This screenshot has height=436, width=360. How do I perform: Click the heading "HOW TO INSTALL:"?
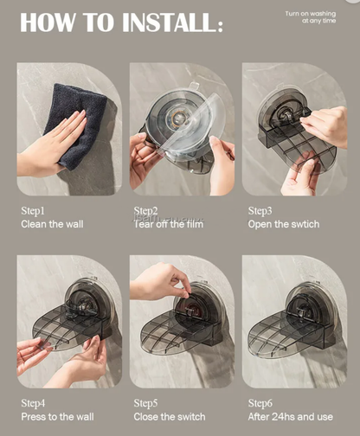pyautogui.click(x=121, y=23)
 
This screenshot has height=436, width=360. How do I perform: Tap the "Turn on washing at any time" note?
pyautogui.click(x=312, y=17)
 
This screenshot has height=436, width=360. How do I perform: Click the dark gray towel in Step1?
pyautogui.click(x=82, y=125)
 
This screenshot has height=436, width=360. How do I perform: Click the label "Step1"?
pyautogui.click(x=33, y=210)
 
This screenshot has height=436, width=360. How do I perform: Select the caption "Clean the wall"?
pyautogui.click(x=54, y=224)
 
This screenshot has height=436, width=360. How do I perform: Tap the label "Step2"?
pyautogui.click(x=145, y=210)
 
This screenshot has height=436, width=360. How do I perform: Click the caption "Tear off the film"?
pyautogui.click(x=169, y=224)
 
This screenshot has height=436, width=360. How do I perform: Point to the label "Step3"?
pyautogui.click(x=260, y=210)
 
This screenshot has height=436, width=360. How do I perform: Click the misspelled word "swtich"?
pyautogui.click(x=303, y=224)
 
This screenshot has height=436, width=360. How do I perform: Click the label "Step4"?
pyautogui.click(x=33, y=403)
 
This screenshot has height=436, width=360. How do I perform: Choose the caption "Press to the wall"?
pyautogui.click(x=59, y=417)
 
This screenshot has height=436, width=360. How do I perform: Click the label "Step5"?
pyautogui.click(x=145, y=403)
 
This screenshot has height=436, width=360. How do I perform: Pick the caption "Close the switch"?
pyautogui.click(x=171, y=417)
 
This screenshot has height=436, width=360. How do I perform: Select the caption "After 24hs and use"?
pyautogui.click(x=290, y=417)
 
